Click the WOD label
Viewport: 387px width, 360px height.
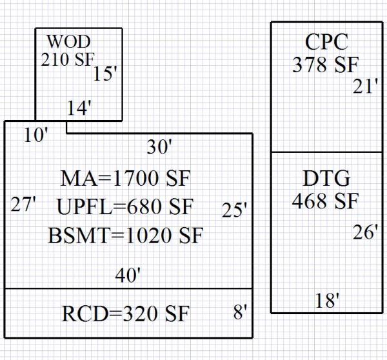click(65, 42)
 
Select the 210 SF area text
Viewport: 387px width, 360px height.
click(68, 59)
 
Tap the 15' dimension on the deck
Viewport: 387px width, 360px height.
click(104, 74)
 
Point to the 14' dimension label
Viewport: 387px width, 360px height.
click(79, 108)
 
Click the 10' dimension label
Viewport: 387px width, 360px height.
click(36, 135)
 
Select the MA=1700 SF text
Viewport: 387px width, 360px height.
click(126, 177)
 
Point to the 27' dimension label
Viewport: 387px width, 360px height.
click(23, 205)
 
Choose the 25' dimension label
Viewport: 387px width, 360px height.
click(234, 210)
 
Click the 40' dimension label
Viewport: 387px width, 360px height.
click(128, 275)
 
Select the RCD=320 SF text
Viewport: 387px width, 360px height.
click(126, 314)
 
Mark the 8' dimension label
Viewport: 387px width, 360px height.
click(241, 314)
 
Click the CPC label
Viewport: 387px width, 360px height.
click(326, 43)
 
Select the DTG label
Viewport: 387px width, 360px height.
click(326, 178)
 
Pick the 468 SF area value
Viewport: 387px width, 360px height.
click(325, 201)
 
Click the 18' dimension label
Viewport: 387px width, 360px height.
click(328, 301)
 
